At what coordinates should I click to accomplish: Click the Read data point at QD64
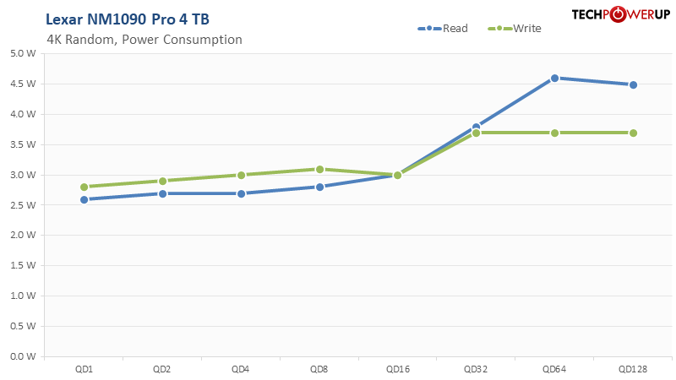(554, 78)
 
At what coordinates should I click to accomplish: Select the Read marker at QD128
(633, 84)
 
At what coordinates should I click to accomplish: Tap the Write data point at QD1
(84, 187)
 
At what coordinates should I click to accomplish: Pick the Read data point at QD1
(84, 199)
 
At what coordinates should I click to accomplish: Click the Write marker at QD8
(319, 169)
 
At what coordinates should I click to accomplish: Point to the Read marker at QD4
(241, 193)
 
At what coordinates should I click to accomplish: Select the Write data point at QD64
(554, 133)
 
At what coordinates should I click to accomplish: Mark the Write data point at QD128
(633, 133)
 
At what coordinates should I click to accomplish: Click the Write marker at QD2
(162, 181)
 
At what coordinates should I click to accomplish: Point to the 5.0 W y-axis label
(24, 53)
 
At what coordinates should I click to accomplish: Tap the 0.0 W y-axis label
(24, 356)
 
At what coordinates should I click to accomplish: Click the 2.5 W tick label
(24, 205)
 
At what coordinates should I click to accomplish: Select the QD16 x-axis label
(398, 369)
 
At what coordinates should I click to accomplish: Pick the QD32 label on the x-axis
(477, 369)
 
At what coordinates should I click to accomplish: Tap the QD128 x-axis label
(633, 369)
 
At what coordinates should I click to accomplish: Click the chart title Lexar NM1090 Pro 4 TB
(128, 19)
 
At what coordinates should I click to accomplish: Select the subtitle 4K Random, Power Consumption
(144, 40)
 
